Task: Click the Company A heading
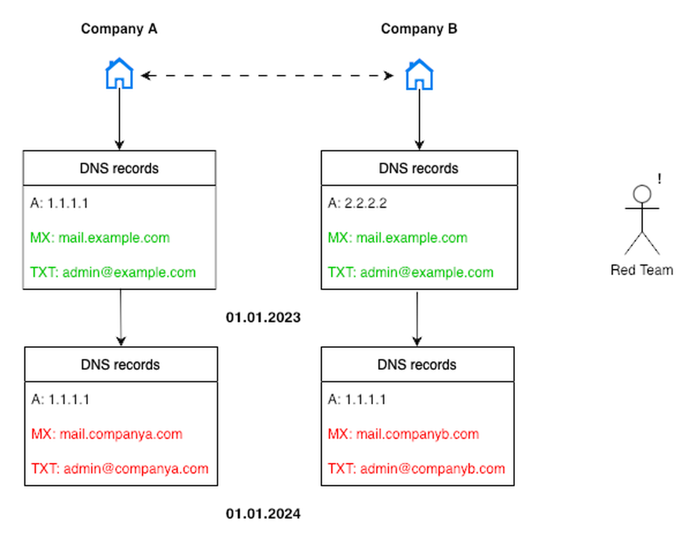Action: [x=119, y=29]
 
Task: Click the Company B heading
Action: [x=419, y=29]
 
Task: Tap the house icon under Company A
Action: [x=119, y=74]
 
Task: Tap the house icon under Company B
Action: [x=419, y=74]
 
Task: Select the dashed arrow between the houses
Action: [x=267, y=76]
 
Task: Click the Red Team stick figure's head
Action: [x=641, y=193]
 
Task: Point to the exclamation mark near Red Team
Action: [x=659, y=179]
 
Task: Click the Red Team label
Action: [x=641, y=270]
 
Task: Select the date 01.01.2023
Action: [x=263, y=318]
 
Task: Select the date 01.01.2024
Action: [x=263, y=514]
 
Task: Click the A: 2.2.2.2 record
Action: [x=358, y=203]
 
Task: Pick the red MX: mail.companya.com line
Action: [x=106, y=434]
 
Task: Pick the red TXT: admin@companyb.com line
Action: [x=416, y=469]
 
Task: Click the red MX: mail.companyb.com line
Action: [x=403, y=434]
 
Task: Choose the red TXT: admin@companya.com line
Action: [x=119, y=469]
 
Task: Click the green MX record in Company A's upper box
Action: [x=100, y=238]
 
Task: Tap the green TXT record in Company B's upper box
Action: [x=411, y=273]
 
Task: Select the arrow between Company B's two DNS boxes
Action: [x=417, y=318]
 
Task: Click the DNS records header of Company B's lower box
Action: [x=417, y=365]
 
